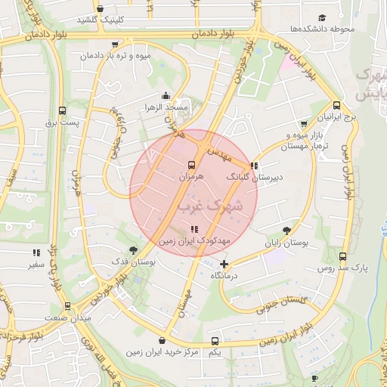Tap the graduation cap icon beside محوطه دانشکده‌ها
[323, 17]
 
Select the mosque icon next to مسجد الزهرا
[166, 95]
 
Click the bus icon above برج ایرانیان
[336, 106]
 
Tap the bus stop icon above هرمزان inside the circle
[191, 164]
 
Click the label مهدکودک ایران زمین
[194, 240]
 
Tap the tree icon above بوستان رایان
[286, 231]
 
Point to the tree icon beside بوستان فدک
[133, 249]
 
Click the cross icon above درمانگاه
[224, 264]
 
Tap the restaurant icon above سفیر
[36, 253]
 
